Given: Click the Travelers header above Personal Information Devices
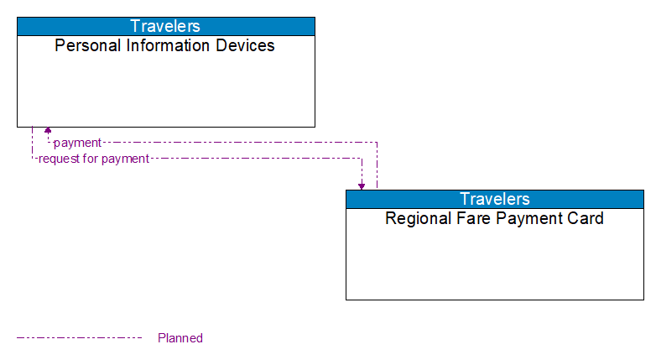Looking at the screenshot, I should click(x=165, y=26).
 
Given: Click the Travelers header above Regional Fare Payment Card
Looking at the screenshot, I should click(x=494, y=199).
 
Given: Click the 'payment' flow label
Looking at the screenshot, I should click(x=77, y=143).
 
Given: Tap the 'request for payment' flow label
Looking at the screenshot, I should click(x=93, y=159).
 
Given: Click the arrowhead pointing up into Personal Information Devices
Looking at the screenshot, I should click(x=48, y=131).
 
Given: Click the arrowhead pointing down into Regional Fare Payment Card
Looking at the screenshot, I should click(x=362, y=185).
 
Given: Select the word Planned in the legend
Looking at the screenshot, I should click(x=180, y=338).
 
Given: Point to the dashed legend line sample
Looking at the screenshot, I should click(x=80, y=338).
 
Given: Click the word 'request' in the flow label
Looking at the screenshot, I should click(x=59, y=159).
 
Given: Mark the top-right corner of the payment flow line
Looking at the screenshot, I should click(x=377, y=143).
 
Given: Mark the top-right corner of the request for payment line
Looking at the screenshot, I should click(x=362, y=159).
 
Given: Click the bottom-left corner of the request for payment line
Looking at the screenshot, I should click(x=32, y=159).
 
